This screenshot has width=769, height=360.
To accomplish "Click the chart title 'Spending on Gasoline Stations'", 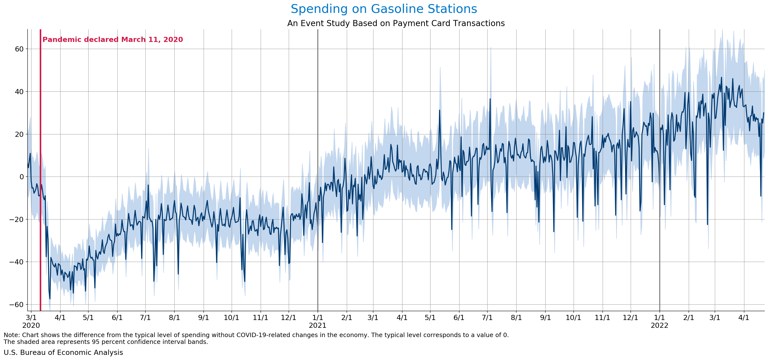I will [x=384, y=9].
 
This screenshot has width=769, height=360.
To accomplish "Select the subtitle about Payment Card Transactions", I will [x=396, y=23].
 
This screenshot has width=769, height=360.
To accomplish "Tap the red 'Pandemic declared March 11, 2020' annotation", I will [x=112, y=40].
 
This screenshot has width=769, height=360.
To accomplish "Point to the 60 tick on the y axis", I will [x=19, y=49].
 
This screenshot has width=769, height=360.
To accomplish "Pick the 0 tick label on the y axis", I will [x=21, y=177].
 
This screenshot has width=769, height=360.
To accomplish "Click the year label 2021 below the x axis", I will [x=318, y=325].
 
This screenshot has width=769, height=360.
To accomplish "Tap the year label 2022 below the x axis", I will [x=659, y=325].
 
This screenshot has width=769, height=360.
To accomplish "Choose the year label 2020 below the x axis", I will [x=31, y=325].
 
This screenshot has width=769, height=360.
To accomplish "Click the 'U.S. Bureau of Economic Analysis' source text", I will [x=63, y=352].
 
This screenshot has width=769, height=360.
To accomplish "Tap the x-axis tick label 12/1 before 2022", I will [x=630, y=318].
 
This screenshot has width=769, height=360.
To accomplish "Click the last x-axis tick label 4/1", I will [x=744, y=318].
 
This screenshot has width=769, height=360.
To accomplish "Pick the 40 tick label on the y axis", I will [x=19, y=92].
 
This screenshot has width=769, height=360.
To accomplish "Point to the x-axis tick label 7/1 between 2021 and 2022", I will [x=487, y=318].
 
